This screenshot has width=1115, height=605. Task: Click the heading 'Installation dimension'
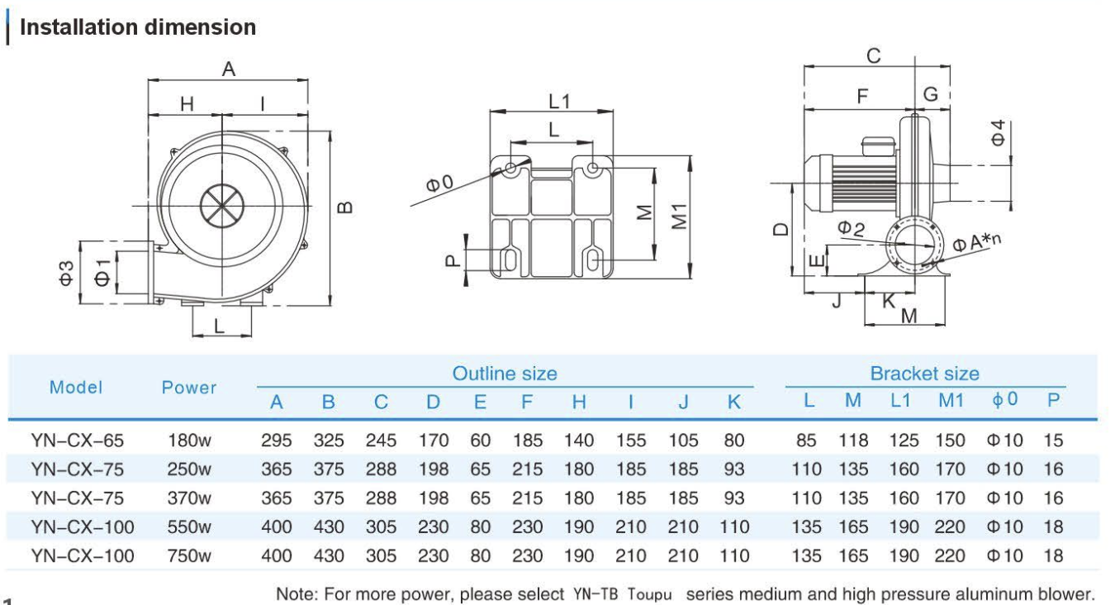[137, 27]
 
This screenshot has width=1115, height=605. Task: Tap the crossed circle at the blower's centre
[221, 202]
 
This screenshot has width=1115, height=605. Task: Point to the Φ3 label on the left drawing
[69, 272]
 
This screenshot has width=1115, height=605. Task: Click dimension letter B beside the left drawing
[347, 207]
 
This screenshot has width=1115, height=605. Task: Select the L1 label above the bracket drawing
[560, 101]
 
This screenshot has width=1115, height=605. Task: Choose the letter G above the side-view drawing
[931, 94]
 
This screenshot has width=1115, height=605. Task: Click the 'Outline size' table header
[505, 374]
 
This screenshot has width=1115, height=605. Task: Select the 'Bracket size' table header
[924, 374]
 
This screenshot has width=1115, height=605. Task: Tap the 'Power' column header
[188, 388]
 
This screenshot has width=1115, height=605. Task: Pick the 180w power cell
[188, 441]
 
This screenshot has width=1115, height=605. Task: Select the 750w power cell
[188, 555]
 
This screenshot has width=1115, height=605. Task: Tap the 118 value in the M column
[853, 441]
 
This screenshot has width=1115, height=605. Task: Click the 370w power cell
[188, 498]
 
